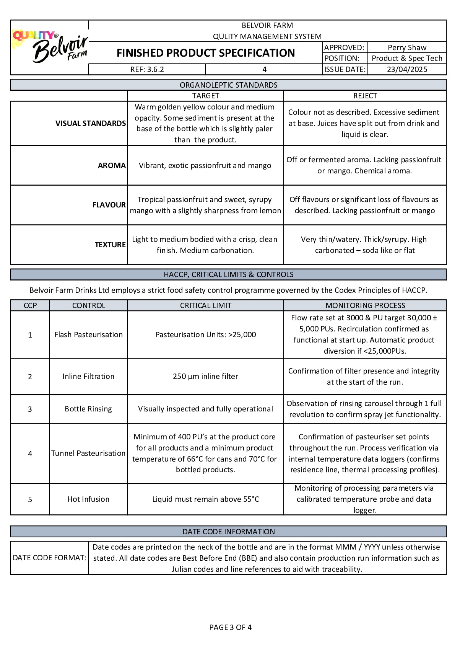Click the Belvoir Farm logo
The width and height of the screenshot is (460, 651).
tap(50, 47)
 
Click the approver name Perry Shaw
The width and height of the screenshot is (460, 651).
tap(407, 47)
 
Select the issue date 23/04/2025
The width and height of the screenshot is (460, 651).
tap(407, 69)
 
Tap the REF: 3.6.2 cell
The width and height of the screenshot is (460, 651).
tap(147, 69)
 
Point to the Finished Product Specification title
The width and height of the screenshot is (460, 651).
tap(206, 53)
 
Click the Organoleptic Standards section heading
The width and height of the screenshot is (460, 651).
tap(228, 85)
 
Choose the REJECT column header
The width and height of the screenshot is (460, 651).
tap(365, 96)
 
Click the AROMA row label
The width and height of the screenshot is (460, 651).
tap(112, 165)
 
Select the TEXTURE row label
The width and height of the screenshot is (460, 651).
tap(110, 245)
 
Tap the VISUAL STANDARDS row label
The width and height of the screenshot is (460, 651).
tap(91, 123)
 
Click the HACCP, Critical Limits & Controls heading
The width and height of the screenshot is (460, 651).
tap(228, 274)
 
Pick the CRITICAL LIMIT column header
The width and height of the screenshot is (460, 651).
tap(206, 305)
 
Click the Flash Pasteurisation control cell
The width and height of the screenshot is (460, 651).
tap(88, 334)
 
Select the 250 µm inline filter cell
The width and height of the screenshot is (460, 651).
tap(205, 376)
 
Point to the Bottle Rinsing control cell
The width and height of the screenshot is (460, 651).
tap(88, 409)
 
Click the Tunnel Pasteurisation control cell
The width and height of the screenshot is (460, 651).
tap(88, 453)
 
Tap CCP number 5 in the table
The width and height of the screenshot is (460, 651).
tap(30, 499)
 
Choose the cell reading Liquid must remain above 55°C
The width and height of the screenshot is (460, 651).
tap(205, 499)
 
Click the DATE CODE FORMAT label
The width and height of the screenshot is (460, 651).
tap(49, 558)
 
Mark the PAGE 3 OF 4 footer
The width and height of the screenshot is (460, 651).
tap(230, 627)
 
